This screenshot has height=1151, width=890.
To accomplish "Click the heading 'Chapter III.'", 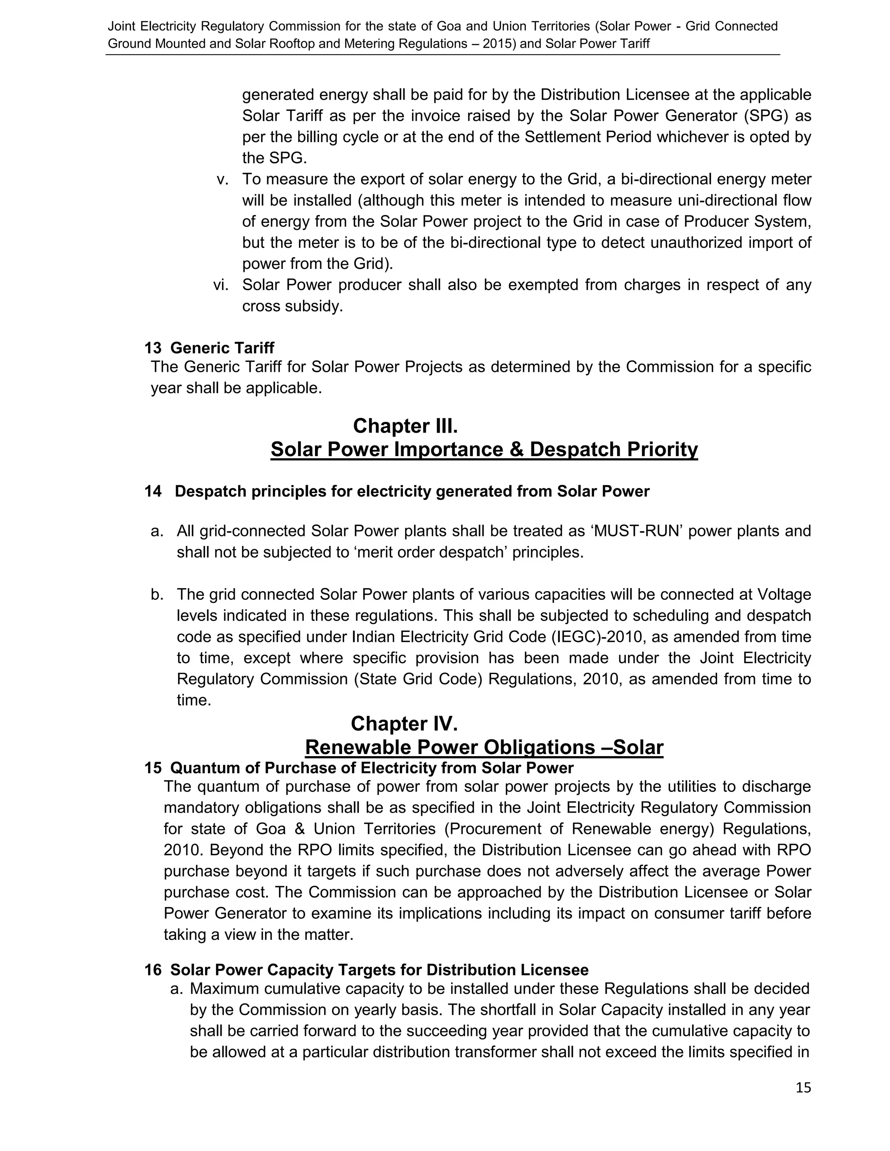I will pyautogui.click(x=405, y=426).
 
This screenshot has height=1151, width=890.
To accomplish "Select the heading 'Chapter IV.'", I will pyautogui.click(x=404, y=724).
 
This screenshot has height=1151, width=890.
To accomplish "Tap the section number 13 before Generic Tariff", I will pyautogui.click(x=153, y=348).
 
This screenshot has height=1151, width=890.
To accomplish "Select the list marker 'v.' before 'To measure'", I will pyautogui.click(x=223, y=179).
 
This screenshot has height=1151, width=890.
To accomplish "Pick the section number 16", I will pyautogui.click(x=153, y=970).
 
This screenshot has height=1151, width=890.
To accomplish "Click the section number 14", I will pyautogui.click(x=153, y=491).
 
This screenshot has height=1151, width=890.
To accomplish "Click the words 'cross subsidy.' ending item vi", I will pyautogui.click(x=292, y=306).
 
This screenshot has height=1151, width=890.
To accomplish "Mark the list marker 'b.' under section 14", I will pyautogui.click(x=157, y=595).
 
